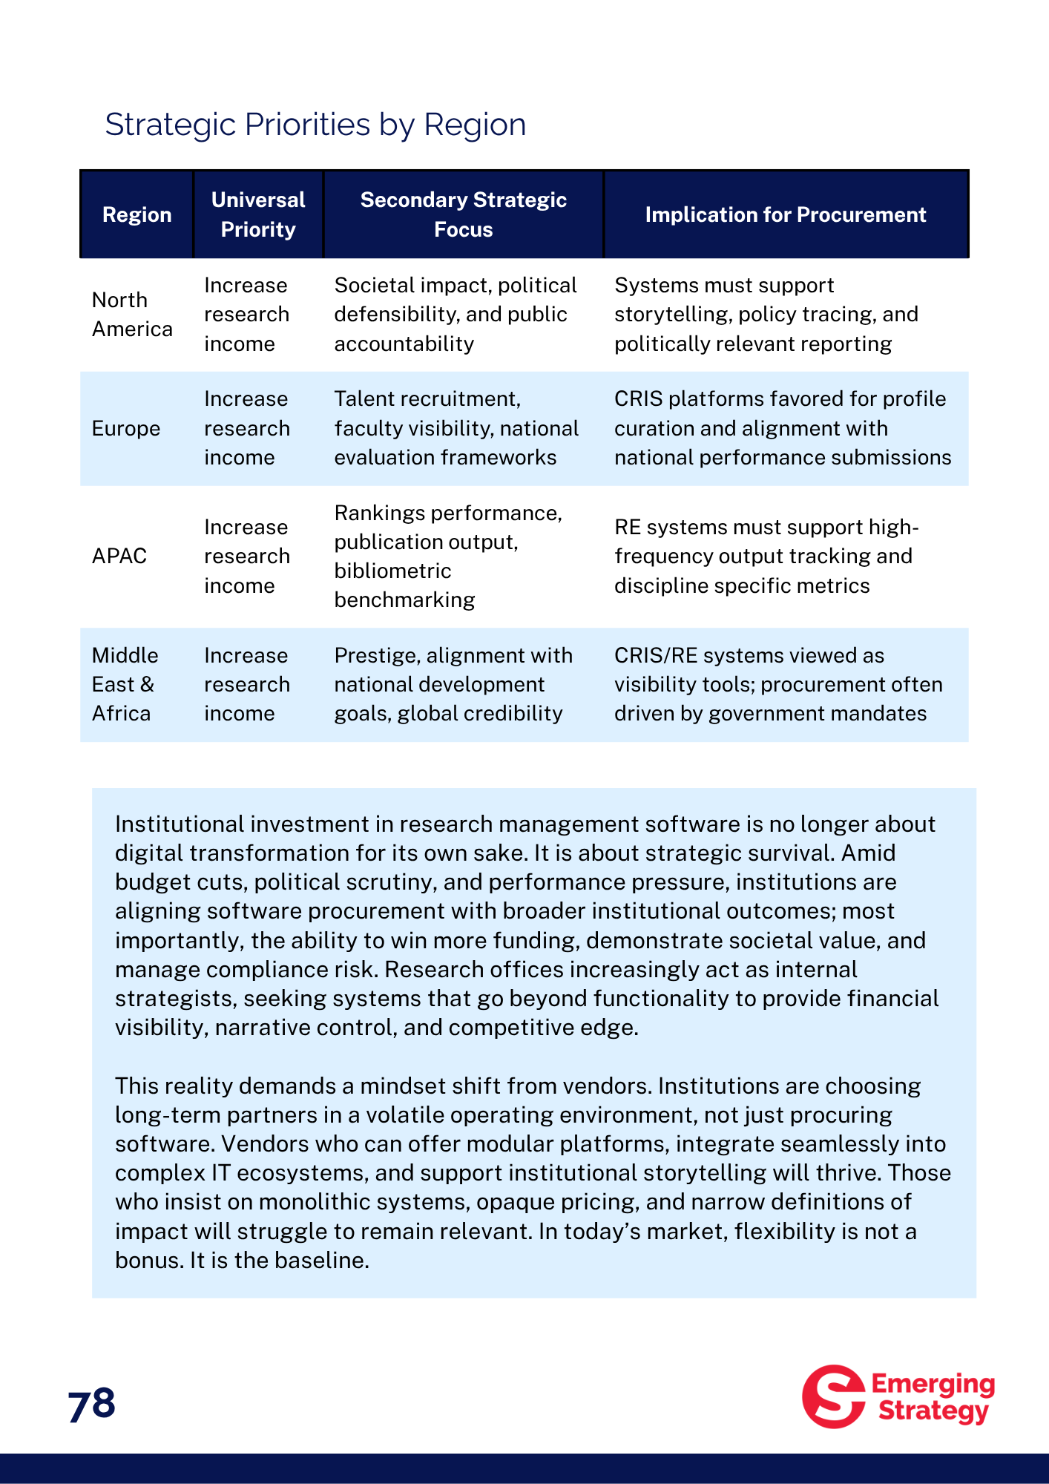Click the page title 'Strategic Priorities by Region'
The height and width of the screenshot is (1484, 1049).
pyautogui.click(x=315, y=125)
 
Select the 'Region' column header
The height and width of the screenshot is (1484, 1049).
pyautogui.click(x=137, y=215)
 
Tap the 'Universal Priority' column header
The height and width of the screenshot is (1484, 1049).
pyautogui.click(x=258, y=215)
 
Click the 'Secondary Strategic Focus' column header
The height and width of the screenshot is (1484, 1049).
pyautogui.click(x=463, y=215)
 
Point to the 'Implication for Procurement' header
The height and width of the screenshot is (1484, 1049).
pyautogui.click(x=785, y=215)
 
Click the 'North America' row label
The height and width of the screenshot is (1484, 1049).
pyautogui.click(x=132, y=315)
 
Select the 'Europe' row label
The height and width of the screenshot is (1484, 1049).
pyautogui.click(x=126, y=429)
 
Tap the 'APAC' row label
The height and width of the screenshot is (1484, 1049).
pyautogui.click(x=119, y=556)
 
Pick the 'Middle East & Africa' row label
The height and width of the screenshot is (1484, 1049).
pyautogui.click(x=125, y=684)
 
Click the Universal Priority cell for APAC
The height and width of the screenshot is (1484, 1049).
pyautogui.click(x=246, y=556)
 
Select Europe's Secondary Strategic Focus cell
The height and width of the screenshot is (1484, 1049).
pyautogui.click(x=456, y=429)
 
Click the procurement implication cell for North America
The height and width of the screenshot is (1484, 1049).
pyautogui.click(x=766, y=315)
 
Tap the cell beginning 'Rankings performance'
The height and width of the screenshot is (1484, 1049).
pyautogui.click(x=448, y=556)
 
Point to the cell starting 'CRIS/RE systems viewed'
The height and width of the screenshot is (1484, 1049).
pyautogui.click(x=777, y=684)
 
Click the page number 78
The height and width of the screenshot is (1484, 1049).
pyautogui.click(x=92, y=1405)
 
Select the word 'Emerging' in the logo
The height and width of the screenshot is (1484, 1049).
pyautogui.click(x=933, y=1384)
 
